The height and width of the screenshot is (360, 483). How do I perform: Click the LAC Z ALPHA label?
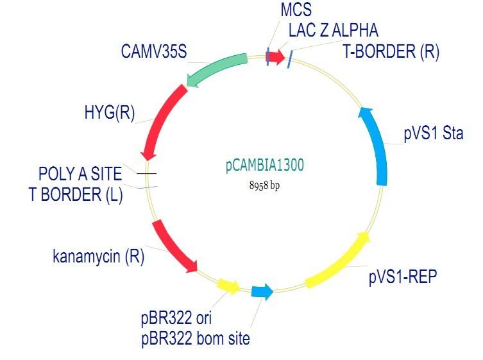click(x=333, y=30)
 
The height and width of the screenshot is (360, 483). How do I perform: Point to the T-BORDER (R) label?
click(x=391, y=52)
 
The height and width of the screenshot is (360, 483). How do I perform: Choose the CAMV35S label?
click(x=154, y=51)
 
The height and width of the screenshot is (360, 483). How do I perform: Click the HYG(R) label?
click(x=109, y=112)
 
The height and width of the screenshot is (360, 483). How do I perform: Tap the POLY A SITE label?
click(x=80, y=174)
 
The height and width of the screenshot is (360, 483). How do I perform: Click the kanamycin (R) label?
click(x=98, y=257)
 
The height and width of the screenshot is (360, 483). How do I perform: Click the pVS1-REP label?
click(x=403, y=277)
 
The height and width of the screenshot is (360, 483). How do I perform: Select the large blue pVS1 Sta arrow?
click(x=376, y=146)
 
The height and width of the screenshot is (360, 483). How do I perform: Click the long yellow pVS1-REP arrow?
click(x=340, y=262)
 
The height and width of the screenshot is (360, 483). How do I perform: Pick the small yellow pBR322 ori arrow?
click(x=229, y=286)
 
